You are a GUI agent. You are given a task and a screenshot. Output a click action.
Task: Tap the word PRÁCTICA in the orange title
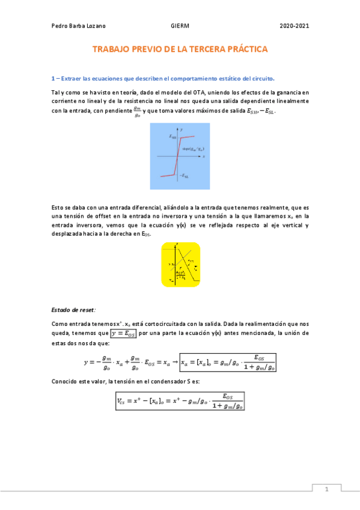click(x=246, y=50)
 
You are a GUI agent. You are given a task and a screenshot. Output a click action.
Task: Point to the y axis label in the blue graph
click(x=182, y=129)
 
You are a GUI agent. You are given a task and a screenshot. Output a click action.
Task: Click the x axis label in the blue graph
click(x=204, y=156)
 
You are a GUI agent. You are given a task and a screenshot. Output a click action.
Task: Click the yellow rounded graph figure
click(x=180, y=264)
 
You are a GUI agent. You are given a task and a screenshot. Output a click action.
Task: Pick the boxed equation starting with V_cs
click(x=180, y=401)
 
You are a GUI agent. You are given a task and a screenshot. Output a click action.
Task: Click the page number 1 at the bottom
click(x=326, y=490)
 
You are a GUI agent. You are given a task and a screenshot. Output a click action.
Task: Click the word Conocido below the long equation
click(x=66, y=382)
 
